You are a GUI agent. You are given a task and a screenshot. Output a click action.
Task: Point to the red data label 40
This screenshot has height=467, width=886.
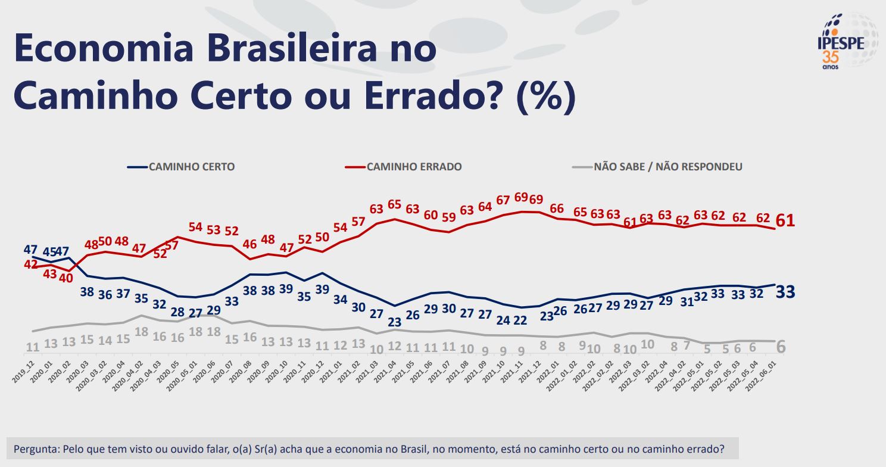(x=65, y=277)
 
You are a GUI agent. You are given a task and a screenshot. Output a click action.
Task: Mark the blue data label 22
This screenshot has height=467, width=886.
(x=520, y=320)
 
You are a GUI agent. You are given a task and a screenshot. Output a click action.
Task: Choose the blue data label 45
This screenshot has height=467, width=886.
(x=49, y=250)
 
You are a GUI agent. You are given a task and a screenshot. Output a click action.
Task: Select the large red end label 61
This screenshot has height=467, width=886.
(x=785, y=221)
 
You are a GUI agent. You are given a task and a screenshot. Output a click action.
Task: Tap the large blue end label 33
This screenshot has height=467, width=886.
(x=785, y=292)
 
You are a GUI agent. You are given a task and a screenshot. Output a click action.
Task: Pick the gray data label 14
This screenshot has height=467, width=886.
(x=105, y=341)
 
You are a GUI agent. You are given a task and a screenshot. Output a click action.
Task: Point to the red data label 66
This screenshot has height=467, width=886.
(x=557, y=208)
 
